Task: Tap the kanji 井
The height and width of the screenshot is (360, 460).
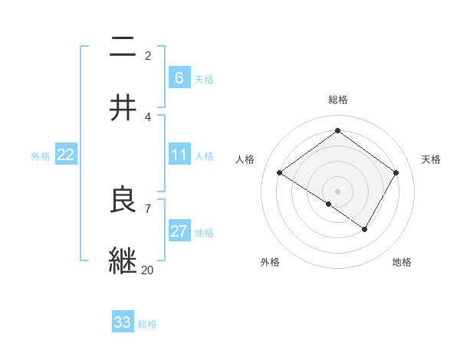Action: click(x=123, y=108)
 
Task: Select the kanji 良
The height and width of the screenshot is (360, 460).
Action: click(x=123, y=200)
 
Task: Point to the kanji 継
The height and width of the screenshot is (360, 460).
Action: click(x=123, y=261)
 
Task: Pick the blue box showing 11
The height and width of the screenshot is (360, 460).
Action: click(x=179, y=155)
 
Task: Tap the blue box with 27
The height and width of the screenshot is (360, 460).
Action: click(x=179, y=231)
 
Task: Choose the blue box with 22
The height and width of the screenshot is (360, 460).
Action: click(x=66, y=155)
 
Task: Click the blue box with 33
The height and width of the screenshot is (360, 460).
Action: click(x=123, y=322)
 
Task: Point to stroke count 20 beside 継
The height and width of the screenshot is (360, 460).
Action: click(x=148, y=270)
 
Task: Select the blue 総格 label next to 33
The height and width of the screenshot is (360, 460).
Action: click(x=147, y=323)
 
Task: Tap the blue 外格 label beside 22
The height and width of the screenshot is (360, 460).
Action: click(x=41, y=156)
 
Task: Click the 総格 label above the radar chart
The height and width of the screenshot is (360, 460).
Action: click(x=337, y=100)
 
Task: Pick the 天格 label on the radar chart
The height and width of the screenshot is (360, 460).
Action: click(x=432, y=159)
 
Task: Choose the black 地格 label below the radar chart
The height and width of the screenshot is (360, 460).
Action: click(x=402, y=262)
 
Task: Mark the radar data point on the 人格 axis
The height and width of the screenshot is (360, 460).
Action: click(x=280, y=173)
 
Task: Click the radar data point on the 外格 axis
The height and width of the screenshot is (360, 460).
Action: click(x=329, y=205)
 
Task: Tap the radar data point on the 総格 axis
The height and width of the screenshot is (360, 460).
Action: click(x=337, y=131)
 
